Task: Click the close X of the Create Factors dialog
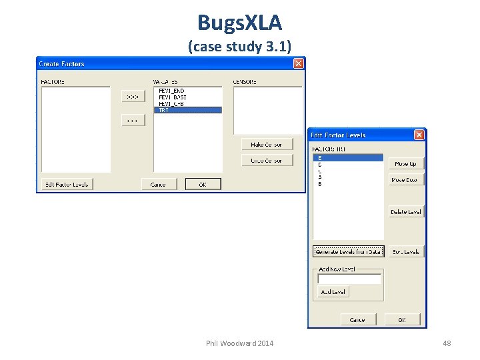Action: (x=299, y=63)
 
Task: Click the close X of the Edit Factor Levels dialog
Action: (x=419, y=135)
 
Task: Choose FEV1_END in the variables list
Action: (x=171, y=91)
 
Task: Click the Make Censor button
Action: (x=267, y=144)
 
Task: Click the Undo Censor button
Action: (x=267, y=160)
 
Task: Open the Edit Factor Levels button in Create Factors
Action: (x=67, y=183)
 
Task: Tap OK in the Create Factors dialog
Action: (x=203, y=183)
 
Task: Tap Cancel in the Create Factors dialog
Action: (x=159, y=183)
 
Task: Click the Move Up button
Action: (x=405, y=164)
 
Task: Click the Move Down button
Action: (x=405, y=180)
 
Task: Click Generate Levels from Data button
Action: (x=349, y=251)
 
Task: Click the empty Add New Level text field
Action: (x=349, y=279)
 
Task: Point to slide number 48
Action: (x=447, y=343)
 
